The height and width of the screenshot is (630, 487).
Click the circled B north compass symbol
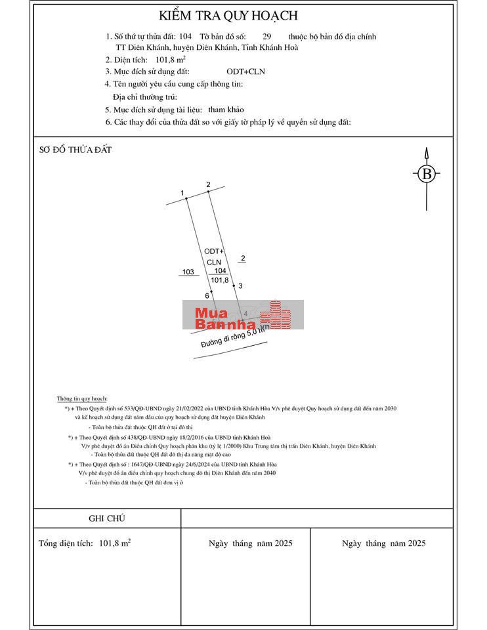427,174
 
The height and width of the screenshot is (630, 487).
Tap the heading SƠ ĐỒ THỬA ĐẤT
75,150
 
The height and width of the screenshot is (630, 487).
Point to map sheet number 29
266,37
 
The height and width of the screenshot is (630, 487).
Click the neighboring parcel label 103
188,271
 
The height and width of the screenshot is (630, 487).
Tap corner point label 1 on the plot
182,192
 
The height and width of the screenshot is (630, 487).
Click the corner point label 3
240,285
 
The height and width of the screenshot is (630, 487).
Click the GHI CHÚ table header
107,518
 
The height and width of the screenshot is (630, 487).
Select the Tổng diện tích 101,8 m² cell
85,543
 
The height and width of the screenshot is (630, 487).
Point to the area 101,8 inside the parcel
220,280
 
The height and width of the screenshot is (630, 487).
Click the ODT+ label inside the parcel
214,251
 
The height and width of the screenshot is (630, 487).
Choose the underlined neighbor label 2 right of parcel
243,259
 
